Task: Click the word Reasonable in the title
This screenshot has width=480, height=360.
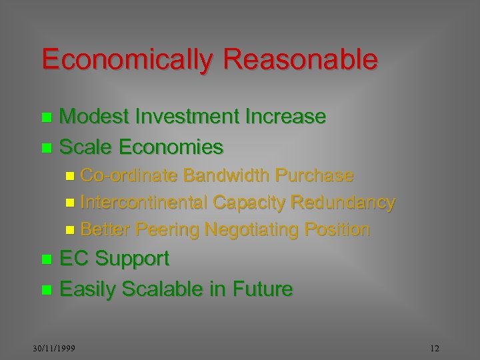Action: pyautogui.click(x=301, y=59)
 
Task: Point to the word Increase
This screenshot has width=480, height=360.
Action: pyautogui.click(x=287, y=117)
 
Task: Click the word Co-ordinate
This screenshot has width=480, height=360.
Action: pyautogui.click(x=129, y=175)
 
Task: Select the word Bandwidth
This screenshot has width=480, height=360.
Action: pyautogui.click(x=226, y=175)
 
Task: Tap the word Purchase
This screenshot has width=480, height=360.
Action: pyautogui.click(x=314, y=175)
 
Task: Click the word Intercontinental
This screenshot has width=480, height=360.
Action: pyautogui.click(x=144, y=202)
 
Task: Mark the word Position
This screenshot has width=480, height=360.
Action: pyautogui.click(x=337, y=229)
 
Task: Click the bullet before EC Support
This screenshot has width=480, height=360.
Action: pyautogui.click(x=46, y=259)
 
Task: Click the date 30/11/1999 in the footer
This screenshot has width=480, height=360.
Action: pyautogui.click(x=55, y=349)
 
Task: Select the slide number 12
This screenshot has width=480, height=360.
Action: pyautogui.click(x=435, y=349)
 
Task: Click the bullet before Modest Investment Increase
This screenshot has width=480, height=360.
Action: pyautogui.click(x=46, y=118)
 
